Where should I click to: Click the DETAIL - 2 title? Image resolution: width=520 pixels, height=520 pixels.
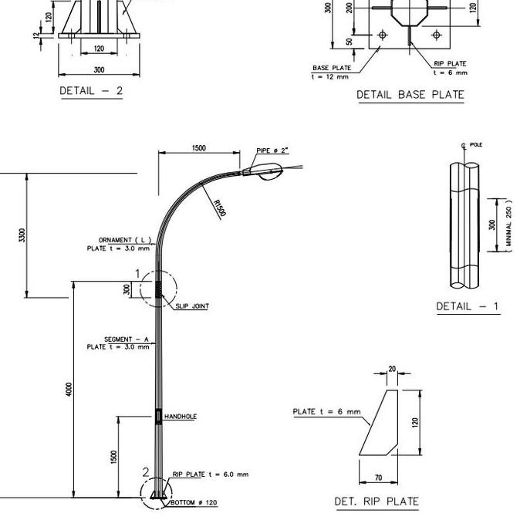[91, 90]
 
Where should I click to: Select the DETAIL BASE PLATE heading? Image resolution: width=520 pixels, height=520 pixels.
[410, 95]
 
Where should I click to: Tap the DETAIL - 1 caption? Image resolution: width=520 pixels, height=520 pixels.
[467, 306]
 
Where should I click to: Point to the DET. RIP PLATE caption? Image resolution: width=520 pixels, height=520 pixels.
[376, 501]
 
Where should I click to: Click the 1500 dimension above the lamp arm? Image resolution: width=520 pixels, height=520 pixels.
[198, 148]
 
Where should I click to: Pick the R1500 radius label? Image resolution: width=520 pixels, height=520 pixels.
[219, 208]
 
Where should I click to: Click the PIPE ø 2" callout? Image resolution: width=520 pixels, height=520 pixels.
[272, 150]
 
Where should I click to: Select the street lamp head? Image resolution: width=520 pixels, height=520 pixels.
[266, 171]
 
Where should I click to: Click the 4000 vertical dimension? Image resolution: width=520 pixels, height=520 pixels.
[69, 389]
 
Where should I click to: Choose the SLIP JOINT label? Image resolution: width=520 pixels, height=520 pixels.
[192, 306]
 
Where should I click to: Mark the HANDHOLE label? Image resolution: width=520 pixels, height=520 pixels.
[181, 417]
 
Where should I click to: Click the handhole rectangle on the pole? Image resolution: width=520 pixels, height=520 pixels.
[159, 417]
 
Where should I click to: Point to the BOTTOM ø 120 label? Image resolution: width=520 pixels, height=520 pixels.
[194, 503]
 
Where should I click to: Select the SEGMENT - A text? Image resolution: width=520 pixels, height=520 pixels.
[126, 339]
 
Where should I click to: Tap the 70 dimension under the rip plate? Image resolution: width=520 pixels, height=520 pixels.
[378, 478]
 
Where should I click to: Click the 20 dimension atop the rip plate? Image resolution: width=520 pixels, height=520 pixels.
[392, 370]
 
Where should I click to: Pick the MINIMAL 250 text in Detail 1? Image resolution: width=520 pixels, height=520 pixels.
[508, 224]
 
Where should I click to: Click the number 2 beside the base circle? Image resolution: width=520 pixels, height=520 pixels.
[146, 471]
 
